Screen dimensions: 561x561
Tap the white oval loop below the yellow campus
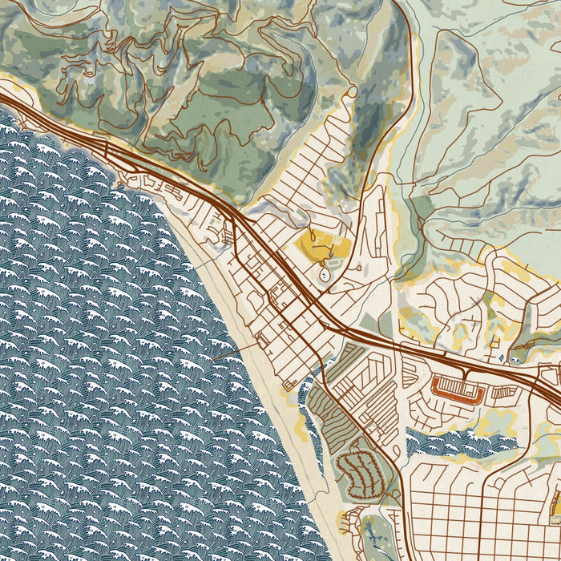[325, 274]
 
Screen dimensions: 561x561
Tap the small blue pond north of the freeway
[502, 357]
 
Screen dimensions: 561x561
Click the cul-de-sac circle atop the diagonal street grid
[351, 92]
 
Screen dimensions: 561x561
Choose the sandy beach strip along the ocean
[264, 401]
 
